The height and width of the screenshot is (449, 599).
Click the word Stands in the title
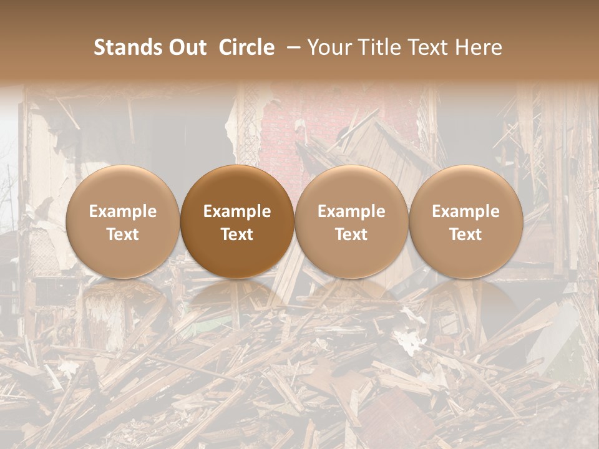pyautogui.click(x=129, y=47)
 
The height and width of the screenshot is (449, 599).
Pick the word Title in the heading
pyautogui.click(x=379, y=47)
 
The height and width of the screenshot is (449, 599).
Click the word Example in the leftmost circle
pyautogui.click(x=122, y=211)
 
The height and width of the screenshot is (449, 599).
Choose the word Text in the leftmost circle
pyautogui.click(x=122, y=234)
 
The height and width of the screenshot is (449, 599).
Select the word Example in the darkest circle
pyautogui.click(x=237, y=211)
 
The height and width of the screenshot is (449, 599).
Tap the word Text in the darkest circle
pyautogui.click(x=237, y=234)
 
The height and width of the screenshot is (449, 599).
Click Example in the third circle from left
pyautogui.click(x=351, y=211)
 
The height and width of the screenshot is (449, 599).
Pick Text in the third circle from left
pyautogui.click(x=351, y=234)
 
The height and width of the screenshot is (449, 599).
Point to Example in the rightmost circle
pyautogui.click(x=465, y=211)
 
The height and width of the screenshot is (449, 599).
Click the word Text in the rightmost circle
pyautogui.click(x=465, y=234)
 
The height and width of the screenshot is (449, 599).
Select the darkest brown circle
pyautogui.click(x=237, y=187)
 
